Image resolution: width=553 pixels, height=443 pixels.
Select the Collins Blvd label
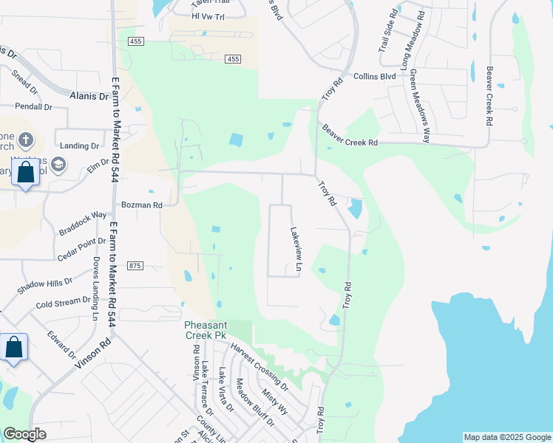coord(375,75)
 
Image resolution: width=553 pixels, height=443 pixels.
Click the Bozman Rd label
coord(141,205)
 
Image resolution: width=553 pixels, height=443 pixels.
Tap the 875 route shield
coord(135,266)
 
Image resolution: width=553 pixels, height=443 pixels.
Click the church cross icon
coord(25,140)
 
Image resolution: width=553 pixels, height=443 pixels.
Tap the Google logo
coord(24,434)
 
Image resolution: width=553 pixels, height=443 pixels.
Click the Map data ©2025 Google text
coord(507,437)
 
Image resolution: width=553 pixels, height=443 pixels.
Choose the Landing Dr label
coord(80,146)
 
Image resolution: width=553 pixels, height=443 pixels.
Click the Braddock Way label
coord(84,224)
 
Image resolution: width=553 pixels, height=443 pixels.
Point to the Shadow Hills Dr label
coord(45,282)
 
